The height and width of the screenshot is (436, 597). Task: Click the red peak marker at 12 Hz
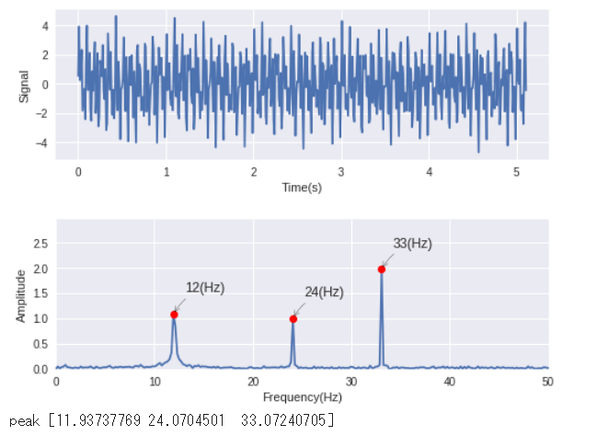coord(174,315)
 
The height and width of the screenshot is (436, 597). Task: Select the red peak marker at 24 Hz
coord(293,319)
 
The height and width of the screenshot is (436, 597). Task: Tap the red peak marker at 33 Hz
coord(382,269)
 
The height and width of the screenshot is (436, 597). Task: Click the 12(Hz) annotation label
coord(204,288)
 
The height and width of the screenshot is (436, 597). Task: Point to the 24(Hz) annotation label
coord(324,293)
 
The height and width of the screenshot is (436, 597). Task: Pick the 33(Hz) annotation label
coord(412,244)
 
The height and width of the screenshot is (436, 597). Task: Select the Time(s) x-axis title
coord(302,188)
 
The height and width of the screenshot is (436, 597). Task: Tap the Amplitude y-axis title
coord(21,294)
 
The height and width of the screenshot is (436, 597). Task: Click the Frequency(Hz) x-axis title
coord(302,397)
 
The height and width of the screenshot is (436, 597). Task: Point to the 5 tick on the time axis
coord(517,172)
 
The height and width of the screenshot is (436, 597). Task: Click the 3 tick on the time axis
coord(341,172)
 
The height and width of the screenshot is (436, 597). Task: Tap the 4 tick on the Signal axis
coord(44,26)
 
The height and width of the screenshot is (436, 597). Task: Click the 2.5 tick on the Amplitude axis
coord(40,244)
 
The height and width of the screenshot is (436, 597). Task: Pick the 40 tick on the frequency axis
coord(449,382)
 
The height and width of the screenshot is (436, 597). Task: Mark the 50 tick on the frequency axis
coord(546,382)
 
